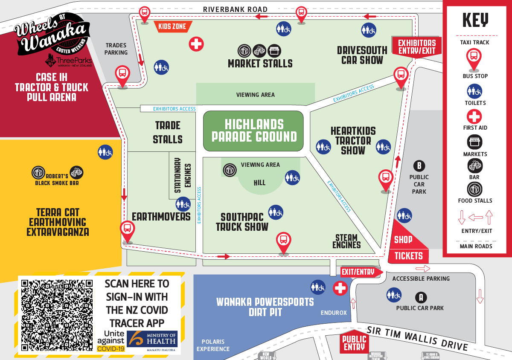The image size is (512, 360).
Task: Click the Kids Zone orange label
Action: pos(172,27)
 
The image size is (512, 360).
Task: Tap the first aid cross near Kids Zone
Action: pos(196,44)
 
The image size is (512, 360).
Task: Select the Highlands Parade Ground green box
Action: pos(254,131)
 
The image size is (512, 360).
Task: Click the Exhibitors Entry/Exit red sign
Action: pos(416,47)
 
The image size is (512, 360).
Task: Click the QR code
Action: pos(57,315)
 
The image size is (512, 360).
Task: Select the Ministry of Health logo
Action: pos(153,341)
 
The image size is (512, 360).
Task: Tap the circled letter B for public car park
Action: pos(419,166)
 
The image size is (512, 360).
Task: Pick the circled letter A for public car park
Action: pos(422,297)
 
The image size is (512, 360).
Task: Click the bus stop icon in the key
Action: pos(474,58)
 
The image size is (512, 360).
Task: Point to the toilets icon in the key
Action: pos(474,91)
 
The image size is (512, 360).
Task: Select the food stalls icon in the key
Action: pos(474,189)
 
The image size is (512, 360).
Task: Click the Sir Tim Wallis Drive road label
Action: pos(417,338)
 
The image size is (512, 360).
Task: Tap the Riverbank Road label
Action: pos(235,9)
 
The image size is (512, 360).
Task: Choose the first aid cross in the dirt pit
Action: pos(340,288)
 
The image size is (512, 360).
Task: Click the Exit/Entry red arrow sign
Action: pos(360,272)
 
